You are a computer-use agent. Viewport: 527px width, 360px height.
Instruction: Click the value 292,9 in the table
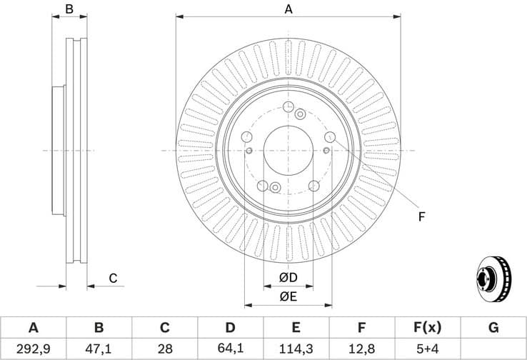click(x=33, y=349)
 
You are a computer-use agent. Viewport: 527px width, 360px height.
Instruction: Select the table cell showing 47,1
click(x=99, y=349)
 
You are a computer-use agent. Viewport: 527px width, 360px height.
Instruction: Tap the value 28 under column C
click(x=164, y=349)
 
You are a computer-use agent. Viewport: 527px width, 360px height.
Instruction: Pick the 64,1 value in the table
click(x=230, y=349)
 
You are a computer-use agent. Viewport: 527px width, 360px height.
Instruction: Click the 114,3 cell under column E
click(x=296, y=349)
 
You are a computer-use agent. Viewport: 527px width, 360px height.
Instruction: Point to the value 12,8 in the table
click(x=361, y=349)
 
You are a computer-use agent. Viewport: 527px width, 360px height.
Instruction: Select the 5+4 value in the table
click(x=427, y=349)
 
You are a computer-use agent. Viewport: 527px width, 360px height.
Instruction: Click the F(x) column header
click(x=427, y=328)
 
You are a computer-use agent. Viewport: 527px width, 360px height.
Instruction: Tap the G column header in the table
click(x=493, y=328)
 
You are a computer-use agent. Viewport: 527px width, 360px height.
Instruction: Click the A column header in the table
click(x=33, y=328)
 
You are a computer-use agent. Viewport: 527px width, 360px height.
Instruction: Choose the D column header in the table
click(x=230, y=328)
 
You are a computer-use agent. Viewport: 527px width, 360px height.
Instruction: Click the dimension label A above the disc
click(x=288, y=9)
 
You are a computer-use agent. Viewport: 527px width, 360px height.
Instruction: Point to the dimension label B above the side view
click(x=69, y=9)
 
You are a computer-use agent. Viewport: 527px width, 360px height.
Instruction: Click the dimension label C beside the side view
click(x=113, y=279)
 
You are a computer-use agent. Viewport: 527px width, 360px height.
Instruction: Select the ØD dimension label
click(x=288, y=277)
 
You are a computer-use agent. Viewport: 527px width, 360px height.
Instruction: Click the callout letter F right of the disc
click(x=421, y=216)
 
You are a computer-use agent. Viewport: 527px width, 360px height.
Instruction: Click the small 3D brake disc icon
click(x=493, y=279)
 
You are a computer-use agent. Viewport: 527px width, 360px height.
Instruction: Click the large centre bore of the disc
click(x=288, y=151)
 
